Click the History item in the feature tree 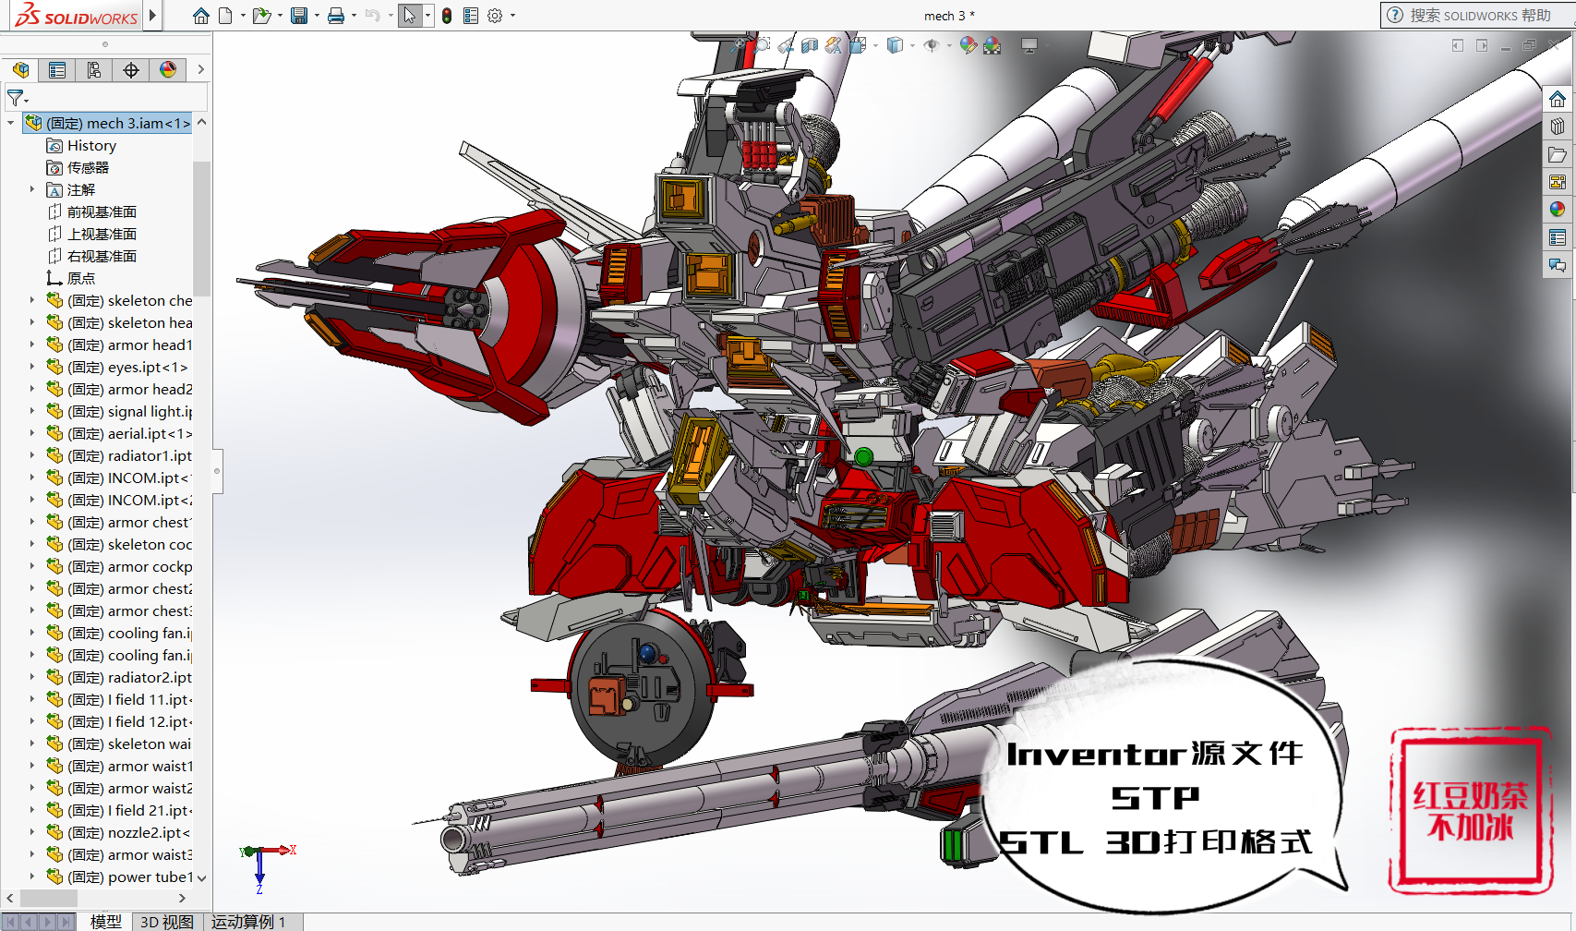point(91,146)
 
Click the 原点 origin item point(80,279)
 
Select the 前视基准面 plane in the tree point(102,212)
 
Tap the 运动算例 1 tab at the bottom point(248,922)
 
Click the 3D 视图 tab point(167,922)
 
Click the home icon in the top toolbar point(201,16)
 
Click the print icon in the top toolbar point(336,16)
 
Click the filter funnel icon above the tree point(15,97)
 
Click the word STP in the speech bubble point(1155,797)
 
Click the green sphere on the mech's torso point(863,456)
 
